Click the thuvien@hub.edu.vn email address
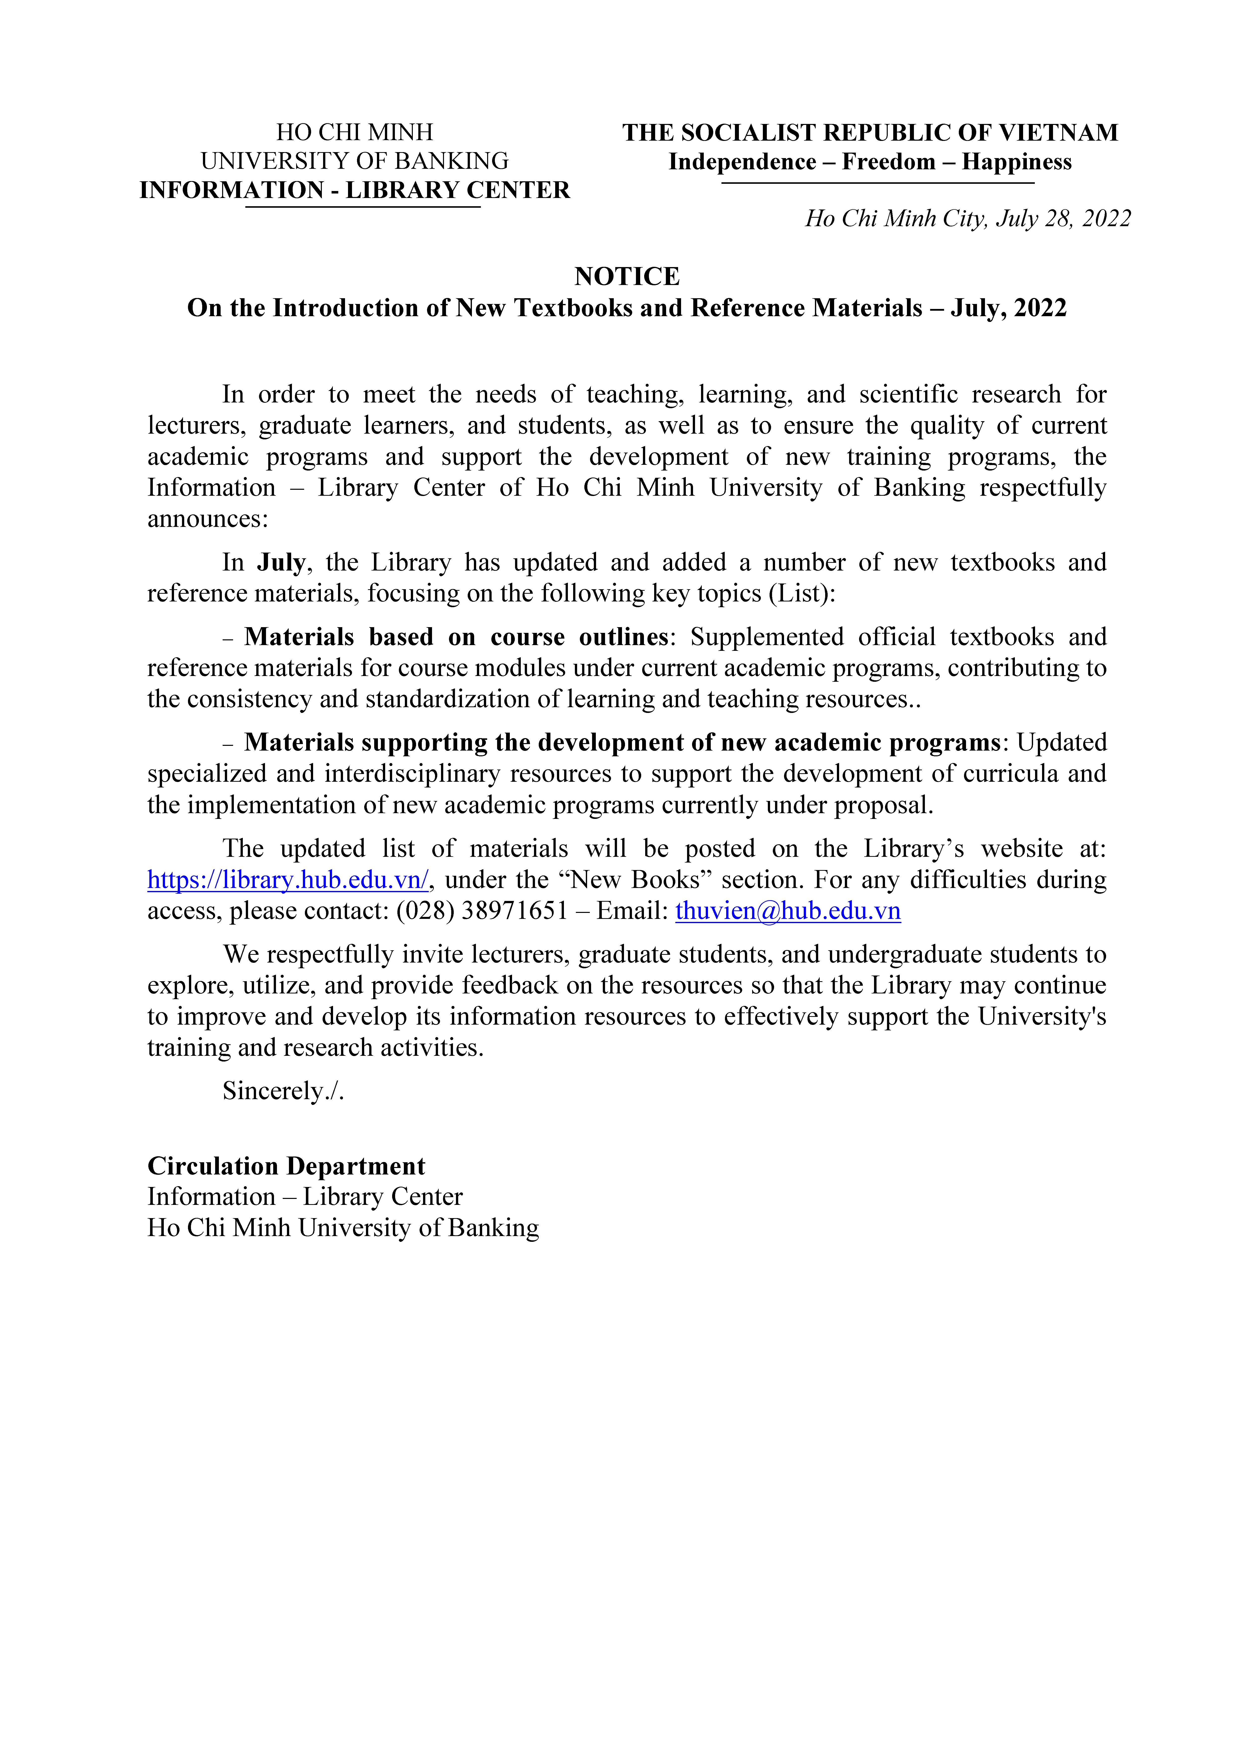[788, 911]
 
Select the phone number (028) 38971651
[481, 911]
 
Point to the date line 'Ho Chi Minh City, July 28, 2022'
[967, 219]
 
